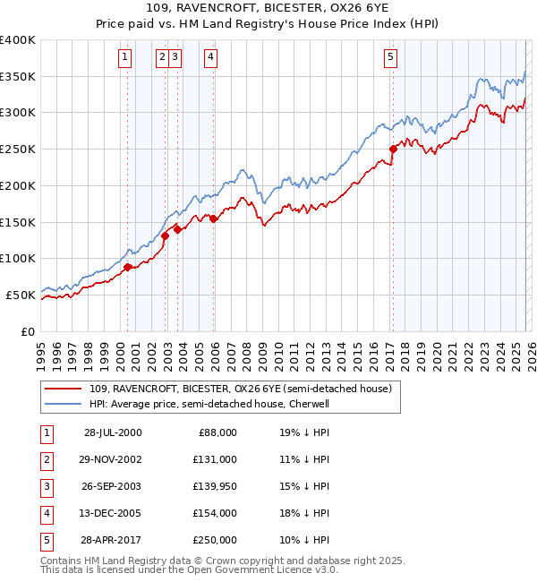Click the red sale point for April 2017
click(x=393, y=149)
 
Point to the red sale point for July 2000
click(x=128, y=267)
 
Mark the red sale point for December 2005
click(x=214, y=218)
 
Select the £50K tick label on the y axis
click(x=20, y=295)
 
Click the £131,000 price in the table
click(x=215, y=458)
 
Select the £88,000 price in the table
click(x=217, y=432)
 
